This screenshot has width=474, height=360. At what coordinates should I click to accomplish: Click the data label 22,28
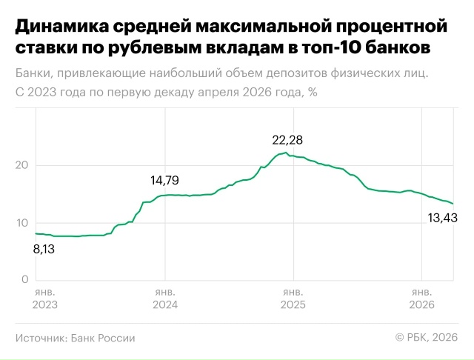coord(289,139)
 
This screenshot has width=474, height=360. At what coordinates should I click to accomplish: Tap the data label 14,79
coord(164,180)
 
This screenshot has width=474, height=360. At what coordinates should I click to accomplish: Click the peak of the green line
coord(286,153)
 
